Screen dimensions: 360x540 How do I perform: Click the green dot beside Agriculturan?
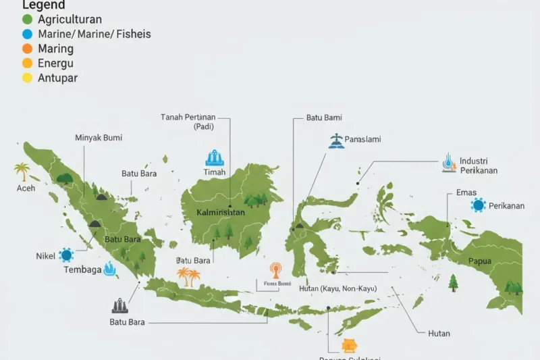27,20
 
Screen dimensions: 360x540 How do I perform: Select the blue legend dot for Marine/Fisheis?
27,34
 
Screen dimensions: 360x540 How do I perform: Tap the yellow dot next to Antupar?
27,78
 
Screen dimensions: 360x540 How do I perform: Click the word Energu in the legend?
56,63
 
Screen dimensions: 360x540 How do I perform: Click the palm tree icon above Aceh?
22,172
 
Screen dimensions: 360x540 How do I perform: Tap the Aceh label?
26,188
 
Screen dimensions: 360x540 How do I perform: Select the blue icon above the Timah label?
213,158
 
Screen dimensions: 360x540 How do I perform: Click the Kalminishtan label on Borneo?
220,212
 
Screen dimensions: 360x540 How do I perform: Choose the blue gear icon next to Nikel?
65,255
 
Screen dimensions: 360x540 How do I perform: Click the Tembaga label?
82,270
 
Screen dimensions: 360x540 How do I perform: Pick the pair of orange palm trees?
188,276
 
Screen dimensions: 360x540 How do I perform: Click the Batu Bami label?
324,118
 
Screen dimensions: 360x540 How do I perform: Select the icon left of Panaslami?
335,140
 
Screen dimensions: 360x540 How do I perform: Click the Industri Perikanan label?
479,165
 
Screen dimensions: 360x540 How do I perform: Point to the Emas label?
466,192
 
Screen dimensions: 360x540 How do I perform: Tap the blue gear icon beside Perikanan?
479,205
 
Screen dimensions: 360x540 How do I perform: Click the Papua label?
480,261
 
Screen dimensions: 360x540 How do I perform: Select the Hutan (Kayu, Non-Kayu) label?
337,289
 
